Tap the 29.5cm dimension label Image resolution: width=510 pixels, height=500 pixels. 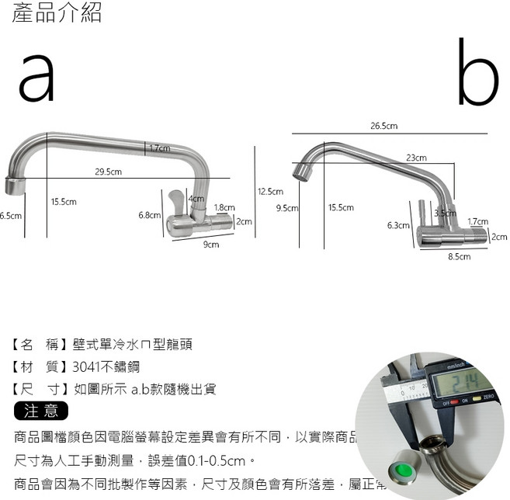point(108,172)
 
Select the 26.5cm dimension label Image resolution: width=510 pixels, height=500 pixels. point(384,126)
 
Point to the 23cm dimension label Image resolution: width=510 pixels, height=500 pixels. point(416,158)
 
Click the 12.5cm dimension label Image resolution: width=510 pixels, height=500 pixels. point(270,192)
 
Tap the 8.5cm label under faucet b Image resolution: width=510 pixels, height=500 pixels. point(460,256)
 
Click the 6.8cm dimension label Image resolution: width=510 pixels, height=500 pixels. point(149,215)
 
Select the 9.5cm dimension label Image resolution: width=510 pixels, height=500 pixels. point(287,208)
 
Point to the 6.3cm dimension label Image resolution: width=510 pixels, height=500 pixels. point(397,226)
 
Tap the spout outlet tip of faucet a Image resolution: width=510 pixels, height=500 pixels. point(14,187)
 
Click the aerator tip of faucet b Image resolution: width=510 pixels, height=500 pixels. point(302,172)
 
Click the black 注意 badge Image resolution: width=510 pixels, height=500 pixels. point(42,410)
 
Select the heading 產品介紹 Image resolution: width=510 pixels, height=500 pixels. point(57,13)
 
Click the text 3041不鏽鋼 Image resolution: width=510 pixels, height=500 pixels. point(107,367)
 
